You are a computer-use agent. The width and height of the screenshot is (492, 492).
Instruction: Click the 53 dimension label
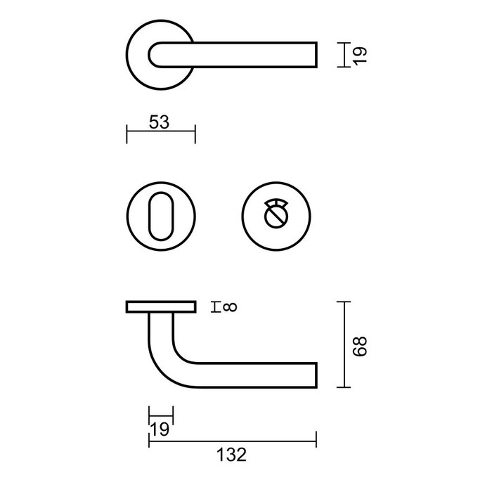point(160,122)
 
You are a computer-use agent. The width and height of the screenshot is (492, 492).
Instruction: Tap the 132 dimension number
point(232,455)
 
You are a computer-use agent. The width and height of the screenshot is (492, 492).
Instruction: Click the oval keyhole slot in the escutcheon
point(160,212)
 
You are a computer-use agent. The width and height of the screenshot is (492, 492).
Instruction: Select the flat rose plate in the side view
point(161,306)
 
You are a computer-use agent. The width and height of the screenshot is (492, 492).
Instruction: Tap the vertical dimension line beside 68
point(342,344)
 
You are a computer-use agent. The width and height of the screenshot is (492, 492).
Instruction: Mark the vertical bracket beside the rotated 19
point(343,54)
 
